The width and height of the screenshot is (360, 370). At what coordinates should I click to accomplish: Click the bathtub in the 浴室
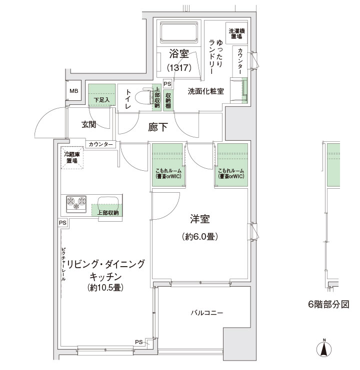click(179, 32)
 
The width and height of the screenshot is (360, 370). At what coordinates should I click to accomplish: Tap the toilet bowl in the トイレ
click(143, 97)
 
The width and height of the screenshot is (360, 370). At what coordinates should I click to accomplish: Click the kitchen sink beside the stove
click(108, 203)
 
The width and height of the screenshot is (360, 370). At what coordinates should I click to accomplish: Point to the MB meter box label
click(73, 91)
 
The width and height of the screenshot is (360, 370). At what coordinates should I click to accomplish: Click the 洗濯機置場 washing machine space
click(236, 33)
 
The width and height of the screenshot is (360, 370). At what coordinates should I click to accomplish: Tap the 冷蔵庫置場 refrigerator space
click(72, 158)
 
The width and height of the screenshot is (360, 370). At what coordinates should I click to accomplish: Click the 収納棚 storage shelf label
click(168, 100)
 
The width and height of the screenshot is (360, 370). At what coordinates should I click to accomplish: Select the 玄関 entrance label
click(89, 125)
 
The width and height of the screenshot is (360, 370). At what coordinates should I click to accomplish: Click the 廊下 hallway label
click(158, 127)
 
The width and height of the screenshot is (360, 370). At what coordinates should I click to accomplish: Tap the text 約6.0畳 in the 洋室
click(200, 237)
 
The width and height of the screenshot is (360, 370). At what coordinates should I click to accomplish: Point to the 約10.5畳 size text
click(105, 288)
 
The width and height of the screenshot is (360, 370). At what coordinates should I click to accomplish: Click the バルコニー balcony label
click(207, 313)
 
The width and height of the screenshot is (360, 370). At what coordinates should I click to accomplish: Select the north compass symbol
click(324, 348)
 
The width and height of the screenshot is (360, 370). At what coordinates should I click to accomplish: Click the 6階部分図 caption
click(328, 305)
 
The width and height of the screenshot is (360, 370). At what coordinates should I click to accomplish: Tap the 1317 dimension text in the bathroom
click(179, 68)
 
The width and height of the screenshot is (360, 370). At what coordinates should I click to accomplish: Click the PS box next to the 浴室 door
click(167, 84)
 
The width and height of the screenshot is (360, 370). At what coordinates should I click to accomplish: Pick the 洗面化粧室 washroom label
click(205, 91)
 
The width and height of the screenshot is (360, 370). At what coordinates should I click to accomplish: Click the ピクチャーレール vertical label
click(63, 264)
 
